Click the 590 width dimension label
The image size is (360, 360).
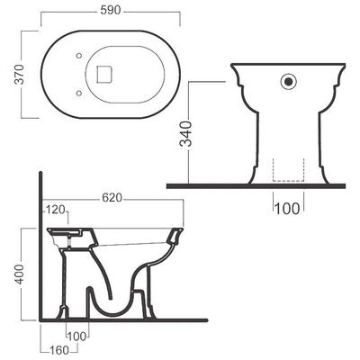[x=111, y=11]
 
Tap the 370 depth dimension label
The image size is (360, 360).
[x=20, y=74]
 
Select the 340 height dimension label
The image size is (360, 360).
[x=186, y=134]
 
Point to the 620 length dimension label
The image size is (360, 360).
[x=112, y=198]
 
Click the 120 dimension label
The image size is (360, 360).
[x=55, y=211]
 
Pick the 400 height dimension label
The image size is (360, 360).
[x=20, y=274]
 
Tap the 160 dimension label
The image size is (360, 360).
[x=58, y=350]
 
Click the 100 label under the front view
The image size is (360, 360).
[x=287, y=209]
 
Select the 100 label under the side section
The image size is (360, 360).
[x=77, y=337]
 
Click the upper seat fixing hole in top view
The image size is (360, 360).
[x=79, y=56]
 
